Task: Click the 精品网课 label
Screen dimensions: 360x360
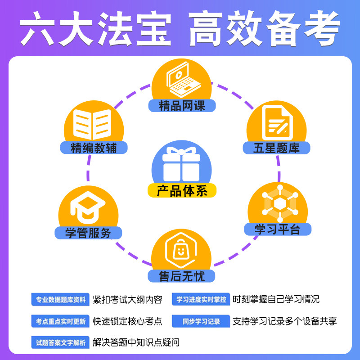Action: (182, 106)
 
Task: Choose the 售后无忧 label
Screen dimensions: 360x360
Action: (182, 275)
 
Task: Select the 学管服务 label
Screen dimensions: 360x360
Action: (88, 233)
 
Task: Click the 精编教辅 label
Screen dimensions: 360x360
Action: (94, 148)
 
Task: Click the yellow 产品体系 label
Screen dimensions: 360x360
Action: (182, 190)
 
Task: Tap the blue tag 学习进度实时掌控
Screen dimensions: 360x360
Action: (201, 299)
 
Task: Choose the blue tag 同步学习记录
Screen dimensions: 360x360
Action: (201, 321)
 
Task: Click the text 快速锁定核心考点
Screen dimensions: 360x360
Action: (127, 321)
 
